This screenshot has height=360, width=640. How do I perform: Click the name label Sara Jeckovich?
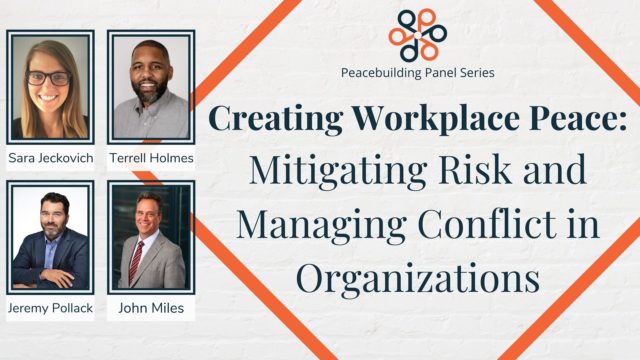click(x=50, y=158)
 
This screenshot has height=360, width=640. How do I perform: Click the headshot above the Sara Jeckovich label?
click(x=50, y=87)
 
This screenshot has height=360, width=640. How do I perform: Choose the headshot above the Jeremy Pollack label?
click(x=50, y=238)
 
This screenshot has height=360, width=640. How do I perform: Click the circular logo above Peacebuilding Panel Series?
click(x=418, y=35)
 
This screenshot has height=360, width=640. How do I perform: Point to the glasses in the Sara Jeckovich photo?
click(x=49, y=77)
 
